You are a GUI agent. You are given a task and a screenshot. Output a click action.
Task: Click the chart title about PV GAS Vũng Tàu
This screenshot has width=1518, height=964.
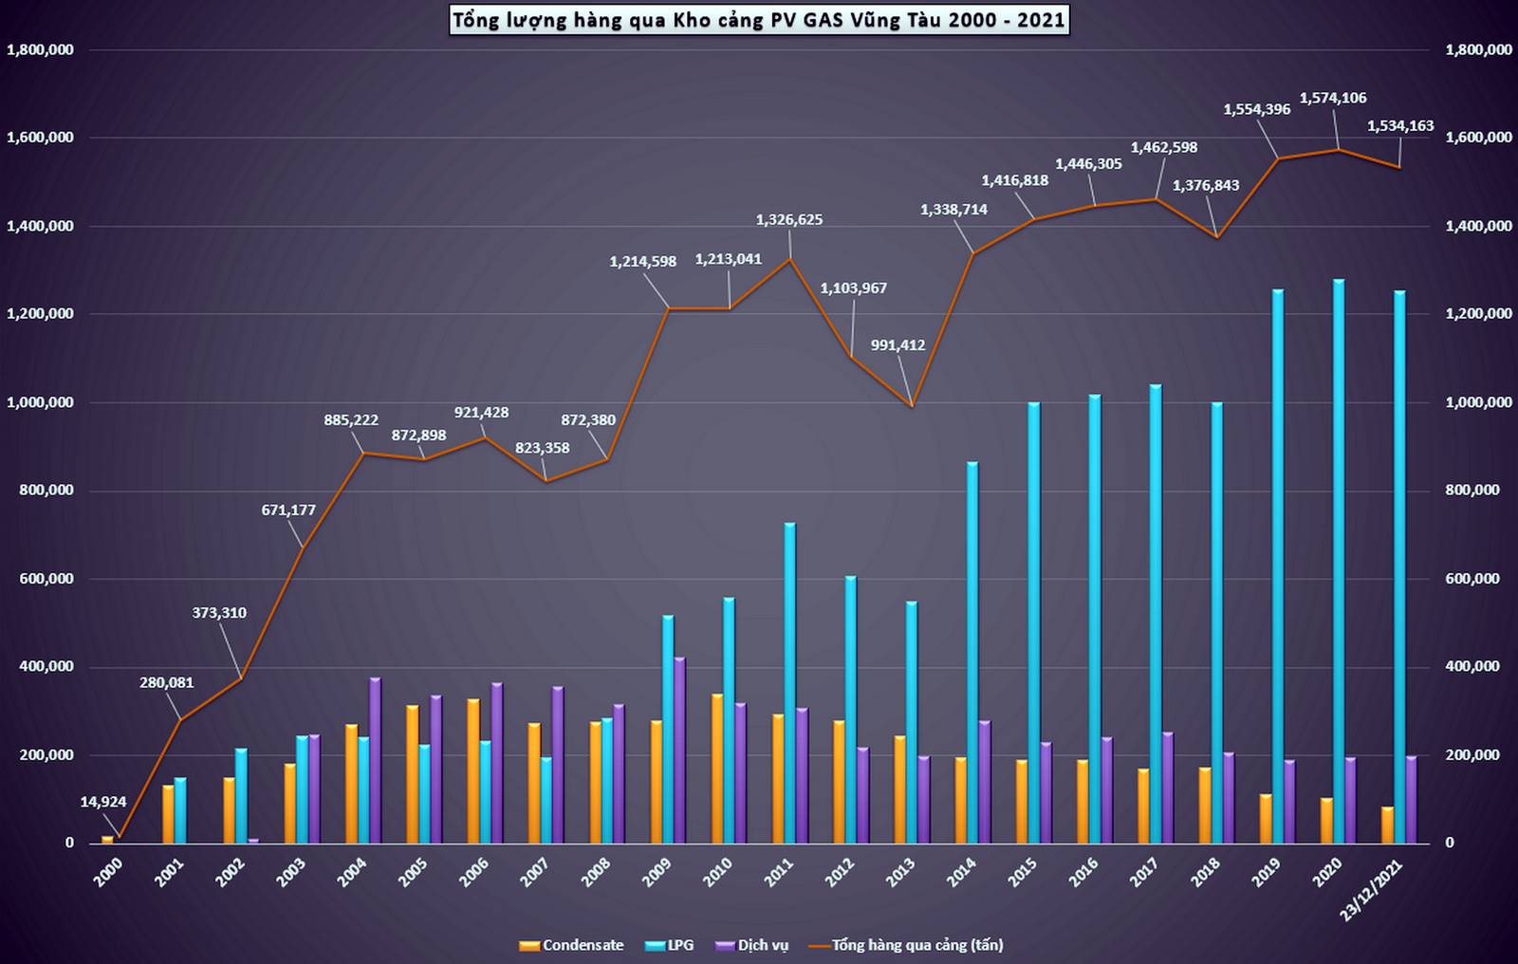(759, 20)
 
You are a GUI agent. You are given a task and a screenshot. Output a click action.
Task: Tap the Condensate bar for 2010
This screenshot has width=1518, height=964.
(717, 769)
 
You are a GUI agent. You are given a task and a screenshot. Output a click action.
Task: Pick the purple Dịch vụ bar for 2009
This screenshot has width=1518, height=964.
(679, 750)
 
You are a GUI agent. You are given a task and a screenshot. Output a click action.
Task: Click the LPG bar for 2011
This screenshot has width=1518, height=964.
(790, 683)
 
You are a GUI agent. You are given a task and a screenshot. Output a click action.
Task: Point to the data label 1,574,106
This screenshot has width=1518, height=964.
(1333, 98)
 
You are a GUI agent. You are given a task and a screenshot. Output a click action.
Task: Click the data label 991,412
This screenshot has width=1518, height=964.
(898, 345)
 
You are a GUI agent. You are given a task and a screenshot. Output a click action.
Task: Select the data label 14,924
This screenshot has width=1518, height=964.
(103, 802)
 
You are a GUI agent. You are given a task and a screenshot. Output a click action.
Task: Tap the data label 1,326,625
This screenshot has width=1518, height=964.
(789, 219)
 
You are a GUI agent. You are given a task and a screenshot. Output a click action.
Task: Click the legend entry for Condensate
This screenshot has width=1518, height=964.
(572, 945)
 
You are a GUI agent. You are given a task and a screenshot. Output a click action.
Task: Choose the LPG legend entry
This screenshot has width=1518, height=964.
(670, 945)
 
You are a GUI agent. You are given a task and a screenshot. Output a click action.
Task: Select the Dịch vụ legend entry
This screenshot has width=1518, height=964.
(752, 945)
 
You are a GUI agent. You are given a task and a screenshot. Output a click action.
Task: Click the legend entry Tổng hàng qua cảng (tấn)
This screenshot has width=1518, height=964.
(906, 945)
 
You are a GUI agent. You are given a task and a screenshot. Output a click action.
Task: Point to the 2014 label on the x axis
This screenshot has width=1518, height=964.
(962, 872)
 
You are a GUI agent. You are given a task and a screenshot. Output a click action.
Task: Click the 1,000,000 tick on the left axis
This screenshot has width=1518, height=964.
(40, 402)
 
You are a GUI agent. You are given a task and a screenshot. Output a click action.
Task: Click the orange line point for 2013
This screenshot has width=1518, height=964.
(912, 406)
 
